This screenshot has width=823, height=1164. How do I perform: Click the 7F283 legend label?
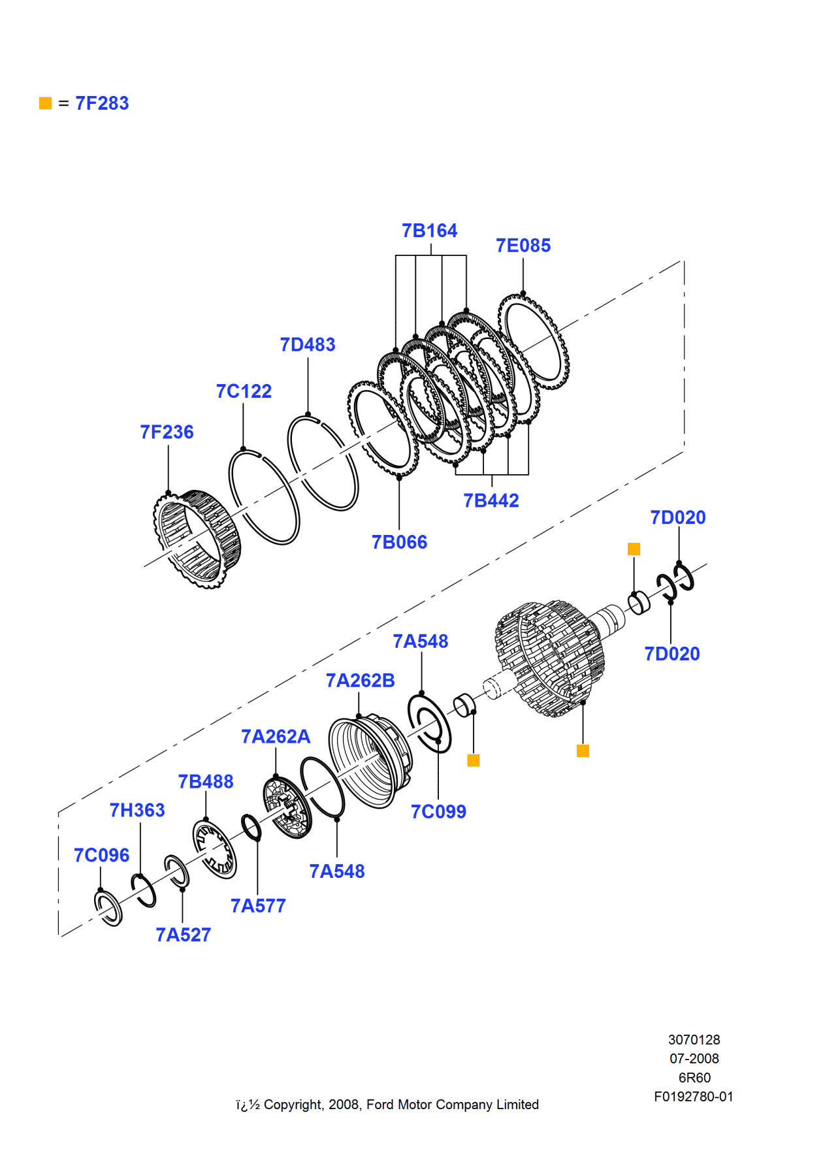coord(102,103)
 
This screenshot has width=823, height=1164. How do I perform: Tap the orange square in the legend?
coord(45,103)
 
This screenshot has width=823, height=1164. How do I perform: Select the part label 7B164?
coord(429,231)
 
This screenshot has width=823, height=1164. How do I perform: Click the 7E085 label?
coord(523,246)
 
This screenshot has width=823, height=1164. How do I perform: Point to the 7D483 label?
coord(307,344)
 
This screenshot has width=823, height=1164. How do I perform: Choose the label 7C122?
coord(244,391)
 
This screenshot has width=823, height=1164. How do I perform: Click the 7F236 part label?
coord(167,432)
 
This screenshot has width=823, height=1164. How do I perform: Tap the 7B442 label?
coord(491,500)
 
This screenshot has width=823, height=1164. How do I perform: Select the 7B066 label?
coord(399,542)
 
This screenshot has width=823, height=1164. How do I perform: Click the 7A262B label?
coord(360,681)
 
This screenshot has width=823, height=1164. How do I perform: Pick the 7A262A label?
coord(276,737)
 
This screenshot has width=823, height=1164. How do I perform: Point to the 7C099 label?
coord(438,812)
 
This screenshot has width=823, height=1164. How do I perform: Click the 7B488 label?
coord(205,782)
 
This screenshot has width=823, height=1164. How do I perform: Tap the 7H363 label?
coord(137,811)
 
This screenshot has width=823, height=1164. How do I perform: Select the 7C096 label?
coord(101,855)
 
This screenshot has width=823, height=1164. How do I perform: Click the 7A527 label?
coord(183,935)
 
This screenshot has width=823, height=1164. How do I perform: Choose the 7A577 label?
coord(258,906)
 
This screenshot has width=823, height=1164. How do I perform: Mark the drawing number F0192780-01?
coord(693,1097)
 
